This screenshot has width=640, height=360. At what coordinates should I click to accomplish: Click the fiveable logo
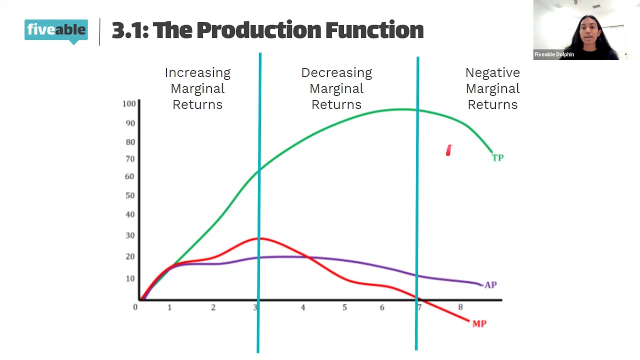[x=56, y=30]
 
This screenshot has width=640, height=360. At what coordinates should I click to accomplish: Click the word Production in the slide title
[x=259, y=30]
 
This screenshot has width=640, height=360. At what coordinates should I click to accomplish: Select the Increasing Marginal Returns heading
[x=197, y=88]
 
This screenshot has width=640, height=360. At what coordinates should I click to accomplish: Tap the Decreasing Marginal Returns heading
[x=336, y=88]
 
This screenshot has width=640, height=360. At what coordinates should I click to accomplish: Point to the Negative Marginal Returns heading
[x=492, y=88]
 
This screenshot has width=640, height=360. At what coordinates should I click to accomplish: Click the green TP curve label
[x=497, y=158]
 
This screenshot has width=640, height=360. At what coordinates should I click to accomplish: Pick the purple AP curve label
[x=490, y=285]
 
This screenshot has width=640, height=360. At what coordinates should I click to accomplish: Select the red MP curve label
[x=479, y=324]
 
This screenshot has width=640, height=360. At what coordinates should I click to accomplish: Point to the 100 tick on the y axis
[x=129, y=103]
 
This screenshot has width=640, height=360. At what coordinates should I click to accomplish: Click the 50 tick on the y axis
[x=130, y=195]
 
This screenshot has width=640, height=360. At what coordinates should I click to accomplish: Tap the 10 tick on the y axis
[x=130, y=278]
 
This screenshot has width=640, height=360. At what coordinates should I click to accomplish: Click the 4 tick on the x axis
[x=302, y=307]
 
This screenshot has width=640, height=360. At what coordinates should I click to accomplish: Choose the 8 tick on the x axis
[x=460, y=307]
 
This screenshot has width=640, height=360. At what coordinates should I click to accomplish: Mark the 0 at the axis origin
[x=135, y=307]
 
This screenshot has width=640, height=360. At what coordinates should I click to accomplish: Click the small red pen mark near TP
[x=448, y=150]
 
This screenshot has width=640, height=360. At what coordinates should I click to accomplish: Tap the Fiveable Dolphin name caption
[x=554, y=54]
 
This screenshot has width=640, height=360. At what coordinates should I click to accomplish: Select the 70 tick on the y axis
[x=130, y=159]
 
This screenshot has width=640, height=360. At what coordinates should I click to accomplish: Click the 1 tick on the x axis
[x=169, y=307]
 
